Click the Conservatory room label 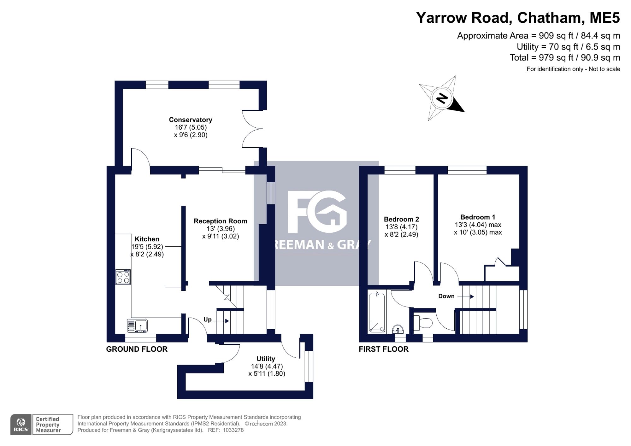tap(191, 120)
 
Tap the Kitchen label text tap(147, 239)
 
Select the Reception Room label tap(220, 221)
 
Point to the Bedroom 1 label tap(478, 217)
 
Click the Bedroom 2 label tap(401, 219)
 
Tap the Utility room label tap(266, 359)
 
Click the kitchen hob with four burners tap(123, 277)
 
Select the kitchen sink tap(137, 326)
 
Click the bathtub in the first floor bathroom tap(377, 312)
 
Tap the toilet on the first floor tap(423, 322)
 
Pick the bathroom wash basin tap(398, 329)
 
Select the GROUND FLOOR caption tap(137, 349)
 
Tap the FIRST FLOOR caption tap(384, 349)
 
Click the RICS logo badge tap(21, 425)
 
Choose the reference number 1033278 tap(233, 430)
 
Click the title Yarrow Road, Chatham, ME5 tap(518, 18)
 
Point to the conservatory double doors tap(252, 129)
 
